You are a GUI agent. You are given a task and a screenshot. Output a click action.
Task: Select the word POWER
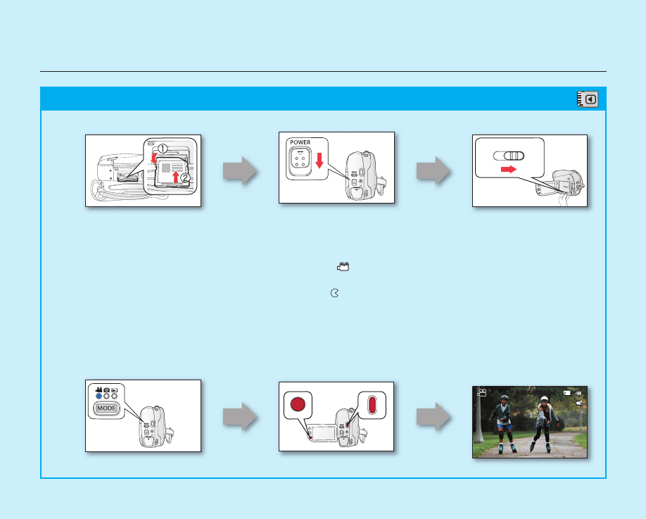coord(299,142)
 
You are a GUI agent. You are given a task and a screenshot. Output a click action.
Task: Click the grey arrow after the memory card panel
coord(239,171)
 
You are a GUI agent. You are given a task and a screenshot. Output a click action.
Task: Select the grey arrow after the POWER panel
coord(432,171)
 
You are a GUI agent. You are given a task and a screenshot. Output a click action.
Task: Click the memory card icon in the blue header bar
coord(588,99)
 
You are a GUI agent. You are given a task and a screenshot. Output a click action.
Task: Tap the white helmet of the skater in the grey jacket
coord(543,399)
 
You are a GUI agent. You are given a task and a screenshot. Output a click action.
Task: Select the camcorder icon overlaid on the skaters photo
coord(482,393)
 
